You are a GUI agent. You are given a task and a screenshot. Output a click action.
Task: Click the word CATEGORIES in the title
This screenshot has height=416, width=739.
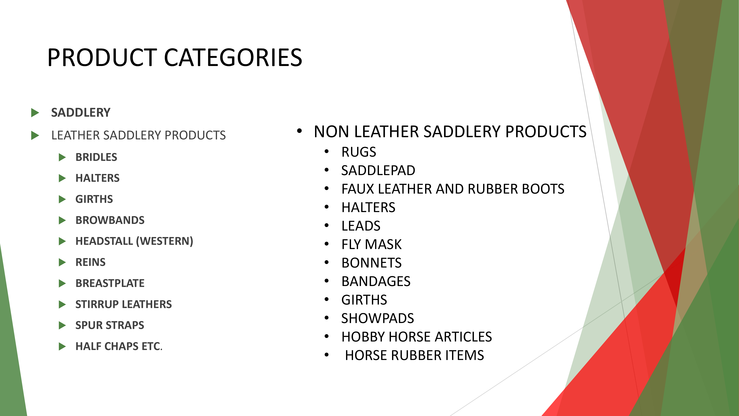pos(233,58)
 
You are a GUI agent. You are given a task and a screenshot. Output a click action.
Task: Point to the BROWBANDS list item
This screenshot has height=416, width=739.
pos(110,220)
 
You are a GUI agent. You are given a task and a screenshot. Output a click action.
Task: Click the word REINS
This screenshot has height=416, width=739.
pos(90,262)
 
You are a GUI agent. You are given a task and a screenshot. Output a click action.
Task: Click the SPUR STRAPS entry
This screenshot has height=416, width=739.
pos(110,325)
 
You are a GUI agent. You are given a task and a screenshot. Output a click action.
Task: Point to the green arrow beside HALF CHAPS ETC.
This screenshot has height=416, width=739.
pos(62,346)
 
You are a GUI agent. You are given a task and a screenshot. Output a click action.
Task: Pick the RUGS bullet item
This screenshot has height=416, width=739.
pos(359,152)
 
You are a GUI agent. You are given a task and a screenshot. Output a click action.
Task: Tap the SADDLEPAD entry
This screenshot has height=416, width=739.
pos(378,170)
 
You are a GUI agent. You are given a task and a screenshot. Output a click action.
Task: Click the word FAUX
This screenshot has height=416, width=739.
pos(358,189)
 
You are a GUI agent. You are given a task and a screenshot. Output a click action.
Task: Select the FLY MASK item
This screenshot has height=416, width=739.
pos(372,244)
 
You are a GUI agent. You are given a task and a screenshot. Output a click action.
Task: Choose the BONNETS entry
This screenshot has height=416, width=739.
pos(372,263)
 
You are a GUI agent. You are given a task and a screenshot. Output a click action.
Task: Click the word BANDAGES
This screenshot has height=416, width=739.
pos(376,281)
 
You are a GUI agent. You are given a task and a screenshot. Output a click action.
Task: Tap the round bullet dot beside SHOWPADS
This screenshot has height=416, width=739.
pos(326,318)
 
